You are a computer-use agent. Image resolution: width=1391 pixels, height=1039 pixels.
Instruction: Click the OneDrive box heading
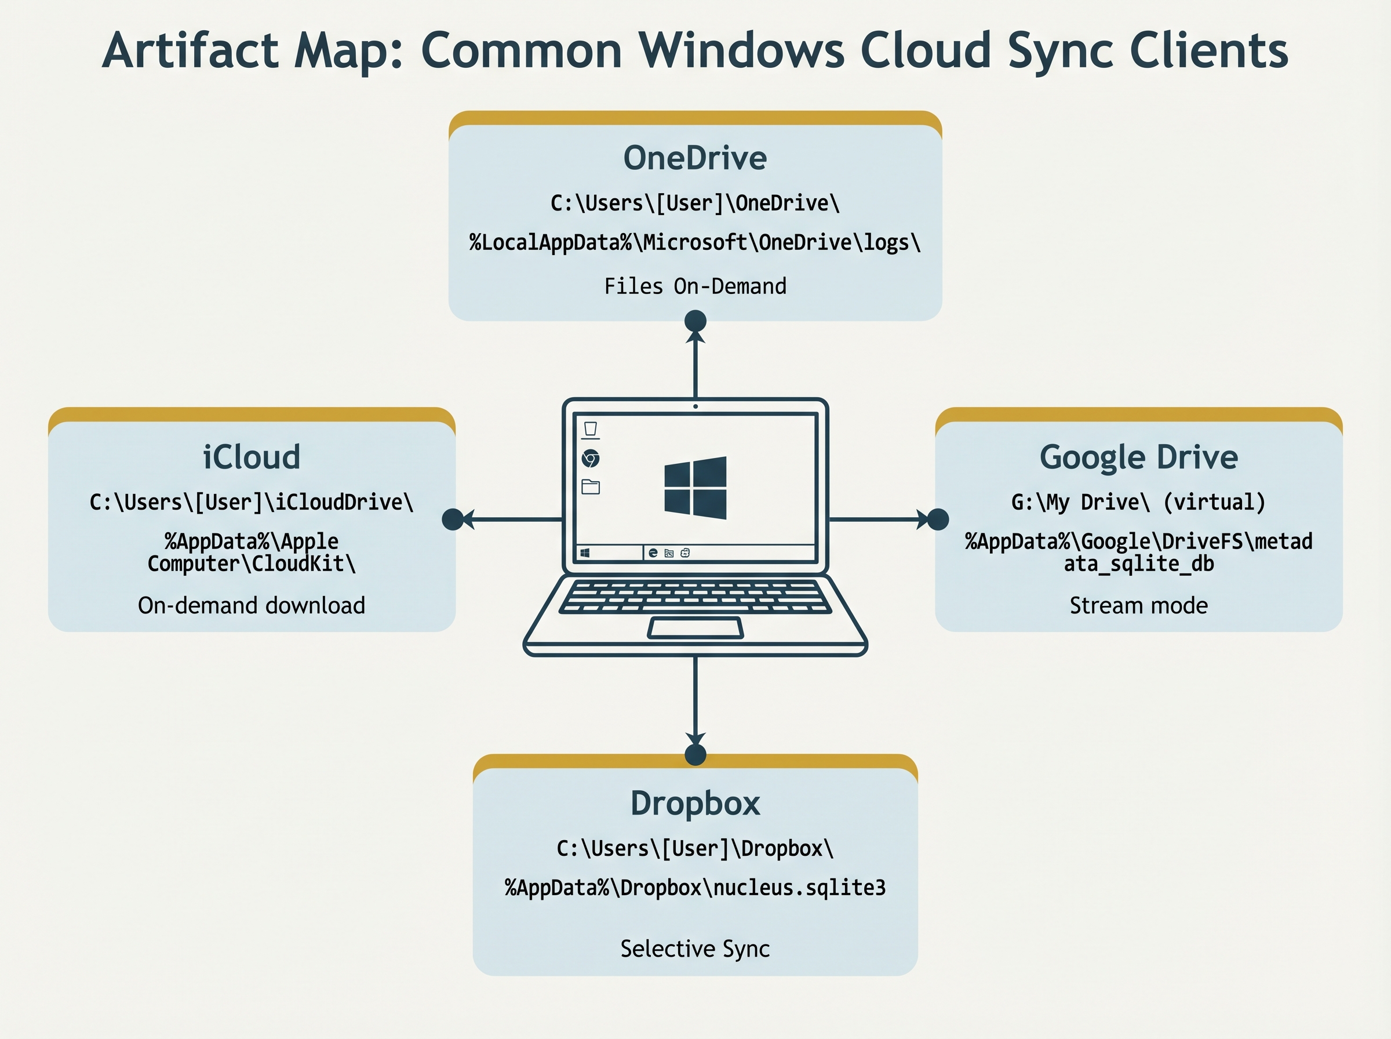click(694, 158)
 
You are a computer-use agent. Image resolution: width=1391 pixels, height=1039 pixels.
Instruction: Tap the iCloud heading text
click(252, 457)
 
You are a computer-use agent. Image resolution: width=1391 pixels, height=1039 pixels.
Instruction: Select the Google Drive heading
click(1138, 457)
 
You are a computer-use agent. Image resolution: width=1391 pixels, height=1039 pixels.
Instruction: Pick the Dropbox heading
click(695, 803)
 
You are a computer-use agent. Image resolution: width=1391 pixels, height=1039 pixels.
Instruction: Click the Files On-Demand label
click(695, 286)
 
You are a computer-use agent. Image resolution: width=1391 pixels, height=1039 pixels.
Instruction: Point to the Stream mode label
click(1138, 605)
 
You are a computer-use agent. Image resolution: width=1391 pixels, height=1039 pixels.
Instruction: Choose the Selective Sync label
click(695, 949)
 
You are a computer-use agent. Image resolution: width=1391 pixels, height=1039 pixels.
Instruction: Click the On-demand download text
click(252, 605)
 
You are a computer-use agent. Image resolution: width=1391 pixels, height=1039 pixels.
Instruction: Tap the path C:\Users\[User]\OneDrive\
click(695, 203)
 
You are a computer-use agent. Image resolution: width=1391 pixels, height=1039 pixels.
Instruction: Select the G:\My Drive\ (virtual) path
click(1138, 502)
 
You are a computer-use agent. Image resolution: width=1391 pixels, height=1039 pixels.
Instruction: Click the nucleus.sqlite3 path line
click(695, 888)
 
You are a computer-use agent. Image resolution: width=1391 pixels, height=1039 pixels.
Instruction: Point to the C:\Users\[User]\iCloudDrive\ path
click(252, 502)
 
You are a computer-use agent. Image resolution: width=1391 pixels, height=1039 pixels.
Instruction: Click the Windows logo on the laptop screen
click(695, 488)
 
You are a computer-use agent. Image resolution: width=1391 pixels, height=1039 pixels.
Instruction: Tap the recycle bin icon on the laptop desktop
click(590, 430)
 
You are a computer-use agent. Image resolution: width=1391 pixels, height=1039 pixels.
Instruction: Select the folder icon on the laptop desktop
click(590, 486)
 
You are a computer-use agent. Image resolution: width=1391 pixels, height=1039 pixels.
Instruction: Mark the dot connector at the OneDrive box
click(695, 321)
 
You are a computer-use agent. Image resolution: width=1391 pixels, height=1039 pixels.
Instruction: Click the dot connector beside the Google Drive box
click(938, 519)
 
